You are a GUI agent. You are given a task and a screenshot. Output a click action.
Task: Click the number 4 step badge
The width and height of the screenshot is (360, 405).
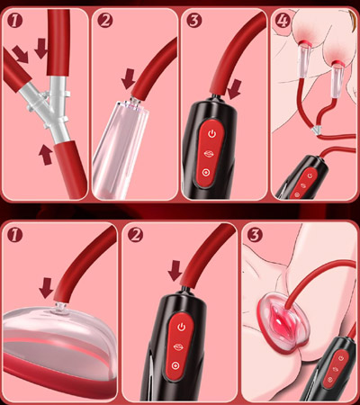(x=283, y=21)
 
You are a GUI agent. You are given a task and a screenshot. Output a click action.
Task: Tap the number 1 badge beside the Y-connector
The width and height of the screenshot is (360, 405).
(x=15, y=21)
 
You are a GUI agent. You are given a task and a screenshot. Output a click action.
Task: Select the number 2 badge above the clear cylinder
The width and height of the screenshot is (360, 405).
(x=105, y=21)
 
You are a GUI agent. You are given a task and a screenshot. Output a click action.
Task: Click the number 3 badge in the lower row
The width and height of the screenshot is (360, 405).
(x=255, y=235)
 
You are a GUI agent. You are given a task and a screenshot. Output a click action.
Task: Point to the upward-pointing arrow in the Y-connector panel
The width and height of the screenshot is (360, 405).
(x=46, y=155)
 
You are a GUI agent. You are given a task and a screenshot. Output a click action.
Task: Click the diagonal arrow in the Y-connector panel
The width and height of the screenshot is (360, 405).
(x=21, y=54)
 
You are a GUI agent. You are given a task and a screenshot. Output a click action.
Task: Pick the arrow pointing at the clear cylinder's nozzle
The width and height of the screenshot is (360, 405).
(x=129, y=79)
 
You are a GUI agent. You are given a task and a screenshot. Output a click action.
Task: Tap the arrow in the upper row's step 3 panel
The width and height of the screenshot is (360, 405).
(x=234, y=89)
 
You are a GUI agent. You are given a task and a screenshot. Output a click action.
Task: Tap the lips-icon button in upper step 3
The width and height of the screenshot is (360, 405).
(x=211, y=153)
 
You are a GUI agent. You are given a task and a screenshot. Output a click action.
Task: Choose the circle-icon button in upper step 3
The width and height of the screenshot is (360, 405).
(x=206, y=172)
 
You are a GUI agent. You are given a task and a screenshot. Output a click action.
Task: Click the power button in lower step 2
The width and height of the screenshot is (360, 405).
(x=181, y=327)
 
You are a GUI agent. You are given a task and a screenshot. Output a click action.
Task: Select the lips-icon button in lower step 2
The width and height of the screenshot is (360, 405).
(x=178, y=347)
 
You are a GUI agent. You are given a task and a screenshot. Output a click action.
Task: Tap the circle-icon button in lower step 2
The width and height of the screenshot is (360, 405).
(x=175, y=365)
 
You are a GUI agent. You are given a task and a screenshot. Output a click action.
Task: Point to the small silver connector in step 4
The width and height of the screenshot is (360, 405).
(x=317, y=130)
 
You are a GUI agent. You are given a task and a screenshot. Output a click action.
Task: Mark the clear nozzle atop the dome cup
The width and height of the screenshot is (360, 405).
(x=58, y=309)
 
